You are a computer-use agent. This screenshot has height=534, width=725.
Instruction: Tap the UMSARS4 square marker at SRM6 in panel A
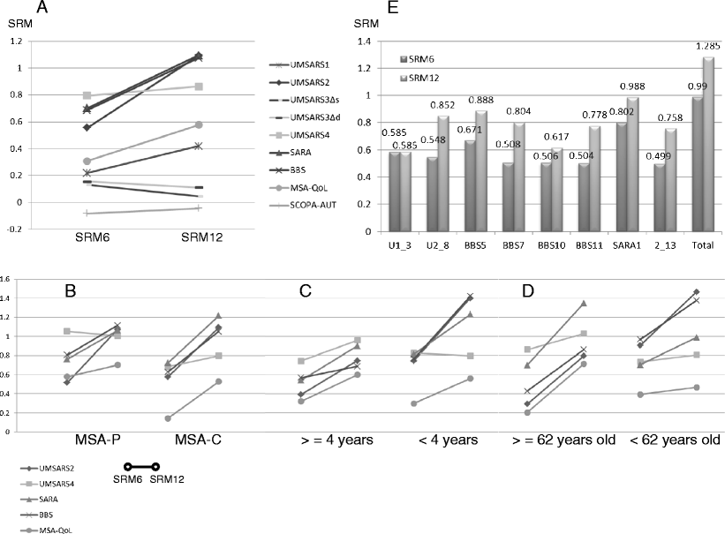87,95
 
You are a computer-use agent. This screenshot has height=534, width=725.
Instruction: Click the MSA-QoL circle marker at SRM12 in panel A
199,125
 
